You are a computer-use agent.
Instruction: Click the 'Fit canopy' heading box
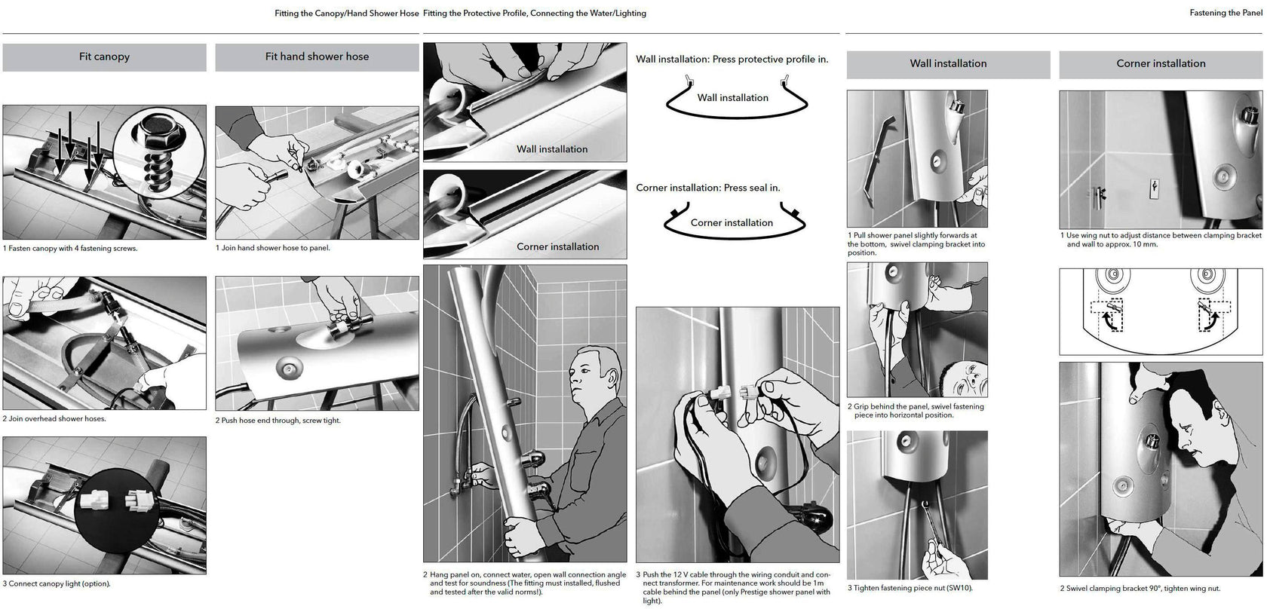[104, 57]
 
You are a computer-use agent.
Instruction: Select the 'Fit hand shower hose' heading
[317, 57]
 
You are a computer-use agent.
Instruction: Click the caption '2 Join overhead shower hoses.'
[54, 419]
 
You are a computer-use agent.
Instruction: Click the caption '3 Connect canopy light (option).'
[57, 584]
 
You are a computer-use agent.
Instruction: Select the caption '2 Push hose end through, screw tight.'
[278, 421]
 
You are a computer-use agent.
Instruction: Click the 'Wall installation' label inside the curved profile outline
[732, 98]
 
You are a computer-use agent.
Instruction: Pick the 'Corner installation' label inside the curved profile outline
[732, 223]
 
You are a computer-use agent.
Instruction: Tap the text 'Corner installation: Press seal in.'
[707, 188]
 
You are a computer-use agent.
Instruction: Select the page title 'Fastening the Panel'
[1226, 13]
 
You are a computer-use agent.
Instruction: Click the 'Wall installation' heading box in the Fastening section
[948, 64]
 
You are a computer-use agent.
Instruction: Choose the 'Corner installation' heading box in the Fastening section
[1161, 64]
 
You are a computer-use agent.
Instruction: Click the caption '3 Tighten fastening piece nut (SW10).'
[910, 589]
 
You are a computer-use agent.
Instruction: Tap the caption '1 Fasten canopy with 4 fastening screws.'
[70, 249]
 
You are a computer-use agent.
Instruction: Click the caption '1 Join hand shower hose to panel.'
[273, 248]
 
